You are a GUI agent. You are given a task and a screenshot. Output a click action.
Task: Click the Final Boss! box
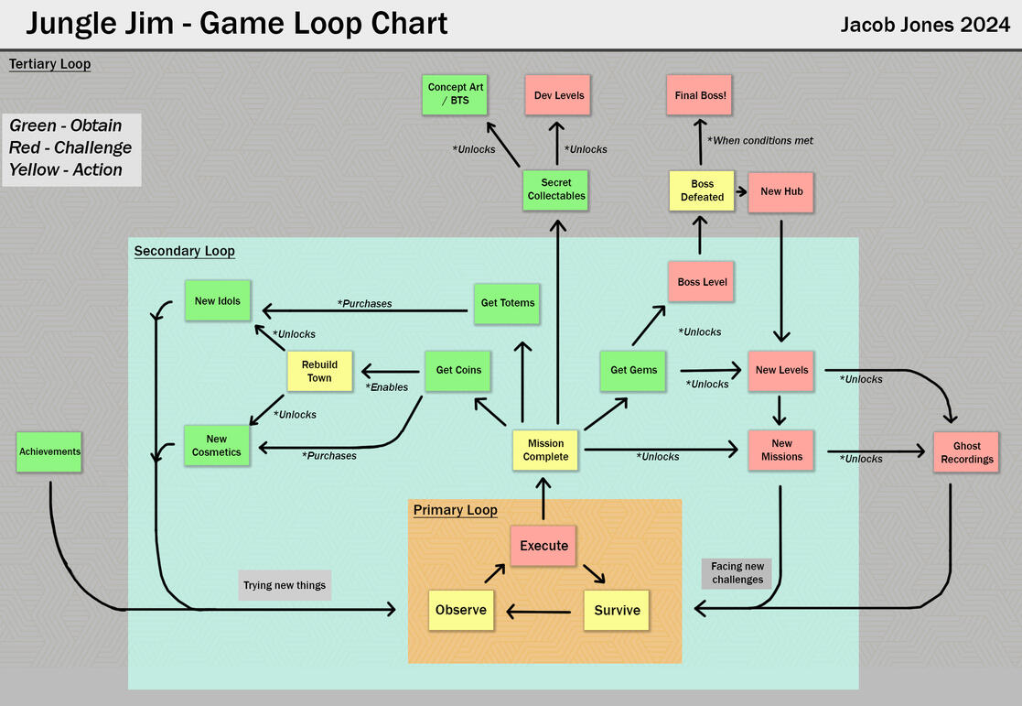point(700,95)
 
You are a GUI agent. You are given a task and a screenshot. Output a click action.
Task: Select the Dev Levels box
point(558,95)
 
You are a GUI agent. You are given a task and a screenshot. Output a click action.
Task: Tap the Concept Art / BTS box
point(455,93)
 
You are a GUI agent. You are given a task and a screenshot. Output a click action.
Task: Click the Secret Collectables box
point(556,190)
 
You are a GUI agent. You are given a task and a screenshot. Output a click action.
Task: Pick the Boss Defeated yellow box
point(702,190)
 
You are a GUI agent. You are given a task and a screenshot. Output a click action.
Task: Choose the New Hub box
point(781,191)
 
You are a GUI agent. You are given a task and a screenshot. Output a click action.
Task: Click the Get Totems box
point(507,303)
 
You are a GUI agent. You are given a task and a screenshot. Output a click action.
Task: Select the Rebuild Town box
point(319,371)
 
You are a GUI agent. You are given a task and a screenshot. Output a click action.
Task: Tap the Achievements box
point(49,451)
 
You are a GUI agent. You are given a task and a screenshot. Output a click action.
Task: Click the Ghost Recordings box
point(966,452)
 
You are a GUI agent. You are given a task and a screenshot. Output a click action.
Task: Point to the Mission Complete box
point(545,451)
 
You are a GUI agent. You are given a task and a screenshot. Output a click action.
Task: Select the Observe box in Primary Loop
point(461,610)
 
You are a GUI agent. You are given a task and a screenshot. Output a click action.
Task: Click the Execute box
point(543,546)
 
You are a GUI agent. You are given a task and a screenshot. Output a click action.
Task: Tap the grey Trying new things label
point(285,585)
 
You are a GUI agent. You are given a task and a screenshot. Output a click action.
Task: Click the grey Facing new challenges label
point(737,573)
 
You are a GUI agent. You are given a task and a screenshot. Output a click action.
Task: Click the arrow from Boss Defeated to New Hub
point(741,191)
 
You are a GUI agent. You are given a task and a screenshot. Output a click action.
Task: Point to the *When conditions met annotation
point(759,140)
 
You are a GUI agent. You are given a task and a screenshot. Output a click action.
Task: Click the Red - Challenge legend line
point(70,148)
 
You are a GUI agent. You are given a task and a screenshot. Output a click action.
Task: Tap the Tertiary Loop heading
point(49,64)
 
